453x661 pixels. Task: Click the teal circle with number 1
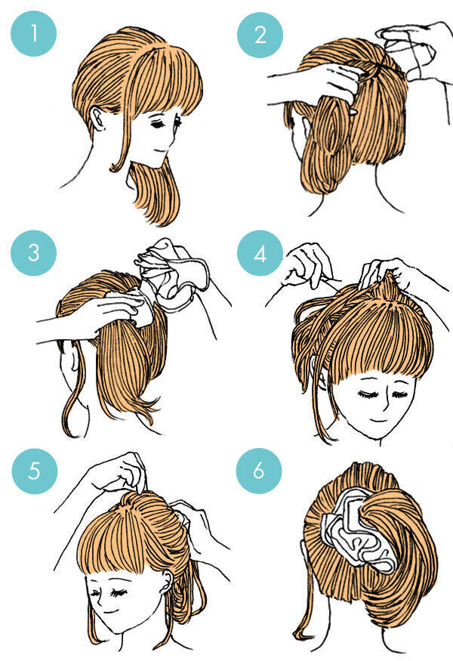[x=34, y=34]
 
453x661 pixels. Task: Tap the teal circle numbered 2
[x=260, y=35]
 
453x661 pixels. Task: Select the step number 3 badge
[x=34, y=253]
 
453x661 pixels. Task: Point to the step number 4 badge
[x=260, y=254]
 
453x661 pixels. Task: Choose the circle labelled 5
[x=35, y=471]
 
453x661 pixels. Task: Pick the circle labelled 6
[x=259, y=471]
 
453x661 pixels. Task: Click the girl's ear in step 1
[x=97, y=119]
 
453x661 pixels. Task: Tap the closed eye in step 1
[x=159, y=125]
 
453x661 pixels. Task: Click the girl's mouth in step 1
[x=159, y=151]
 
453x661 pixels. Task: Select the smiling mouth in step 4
[x=378, y=420]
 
